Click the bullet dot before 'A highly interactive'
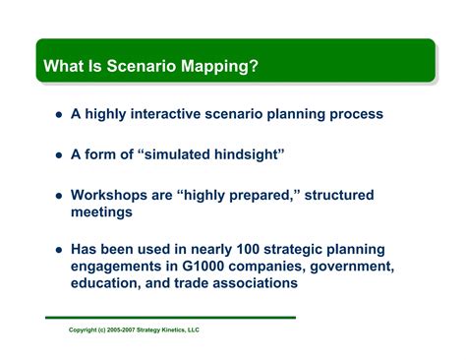tap(59, 114)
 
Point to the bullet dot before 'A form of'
tap(59, 154)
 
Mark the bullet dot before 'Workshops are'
tap(59, 196)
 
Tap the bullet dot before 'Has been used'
tap(59, 250)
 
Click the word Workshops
tap(111, 196)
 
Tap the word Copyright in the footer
tap(87, 330)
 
